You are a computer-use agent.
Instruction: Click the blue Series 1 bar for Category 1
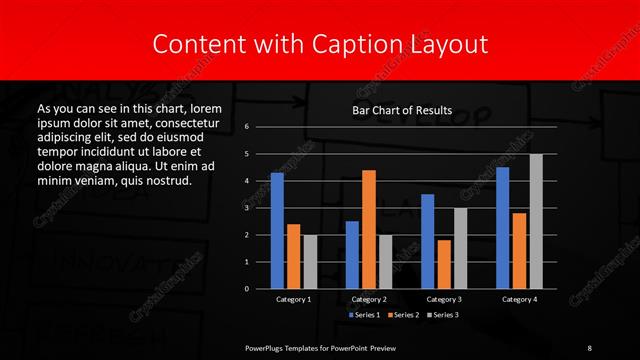(277, 230)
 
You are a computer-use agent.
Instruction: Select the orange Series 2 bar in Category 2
(369, 229)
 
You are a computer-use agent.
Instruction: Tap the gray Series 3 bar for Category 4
(536, 221)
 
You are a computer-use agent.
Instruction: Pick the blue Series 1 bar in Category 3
(428, 241)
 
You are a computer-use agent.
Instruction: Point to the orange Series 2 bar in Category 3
(444, 264)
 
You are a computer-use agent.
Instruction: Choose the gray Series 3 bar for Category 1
(309, 261)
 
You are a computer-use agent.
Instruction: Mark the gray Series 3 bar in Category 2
(385, 261)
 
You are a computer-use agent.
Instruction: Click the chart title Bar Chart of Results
(403, 110)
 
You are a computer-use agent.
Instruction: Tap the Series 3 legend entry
(442, 315)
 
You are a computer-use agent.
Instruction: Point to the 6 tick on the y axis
(246, 127)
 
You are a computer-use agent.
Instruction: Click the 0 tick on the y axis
(246, 288)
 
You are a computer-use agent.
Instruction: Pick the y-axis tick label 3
(246, 208)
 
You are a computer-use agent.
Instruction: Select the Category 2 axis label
(369, 299)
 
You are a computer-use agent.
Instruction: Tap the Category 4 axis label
(519, 299)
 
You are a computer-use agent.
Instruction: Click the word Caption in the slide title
(367, 44)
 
